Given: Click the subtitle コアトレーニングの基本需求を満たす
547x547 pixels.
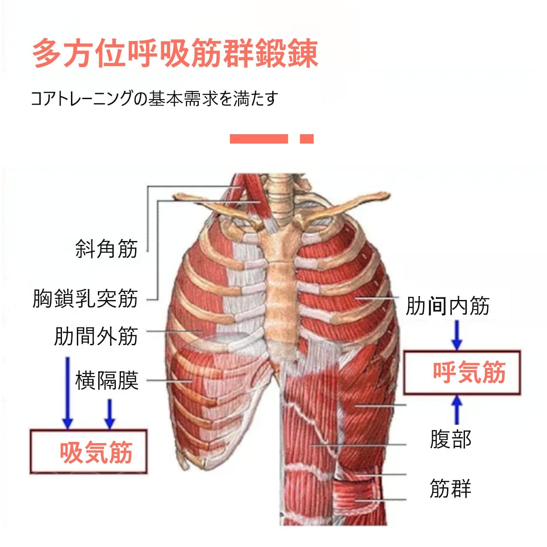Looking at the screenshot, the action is tap(154, 99).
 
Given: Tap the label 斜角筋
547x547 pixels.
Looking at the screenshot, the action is tap(106, 249).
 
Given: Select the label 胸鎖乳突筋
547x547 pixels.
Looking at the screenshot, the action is tap(85, 298).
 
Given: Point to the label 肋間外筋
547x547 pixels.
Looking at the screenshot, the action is tap(96, 336).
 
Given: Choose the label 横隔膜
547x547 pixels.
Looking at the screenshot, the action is tap(107, 380).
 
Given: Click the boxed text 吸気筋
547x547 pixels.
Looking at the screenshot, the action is tap(96, 453).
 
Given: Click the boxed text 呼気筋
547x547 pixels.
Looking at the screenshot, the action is tap(469, 372).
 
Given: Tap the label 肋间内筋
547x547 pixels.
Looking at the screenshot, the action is tap(447, 306).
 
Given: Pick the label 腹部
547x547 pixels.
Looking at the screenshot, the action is tap(450, 439).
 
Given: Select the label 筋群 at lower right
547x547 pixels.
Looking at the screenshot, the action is tap(450, 488).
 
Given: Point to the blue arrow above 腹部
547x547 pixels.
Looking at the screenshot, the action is tap(457, 409).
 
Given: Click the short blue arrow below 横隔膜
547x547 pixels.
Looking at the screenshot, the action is tap(110, 413).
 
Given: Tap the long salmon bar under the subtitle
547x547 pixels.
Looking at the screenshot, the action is tap(259, 139).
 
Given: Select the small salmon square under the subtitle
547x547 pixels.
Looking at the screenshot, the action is tap(307, 139).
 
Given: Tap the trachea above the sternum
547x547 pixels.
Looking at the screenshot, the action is tap(280, 194).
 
